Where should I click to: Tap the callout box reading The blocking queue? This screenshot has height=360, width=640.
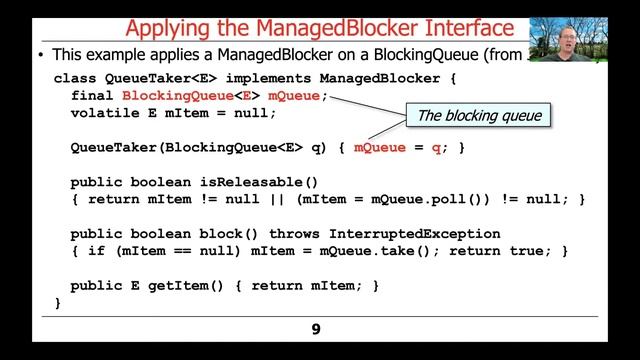tap(479, 116)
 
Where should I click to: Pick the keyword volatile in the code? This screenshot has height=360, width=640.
tap(105, 113)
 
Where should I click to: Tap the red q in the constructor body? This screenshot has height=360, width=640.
tap(435, 148)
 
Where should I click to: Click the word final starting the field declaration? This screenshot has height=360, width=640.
tap(92, 96)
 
